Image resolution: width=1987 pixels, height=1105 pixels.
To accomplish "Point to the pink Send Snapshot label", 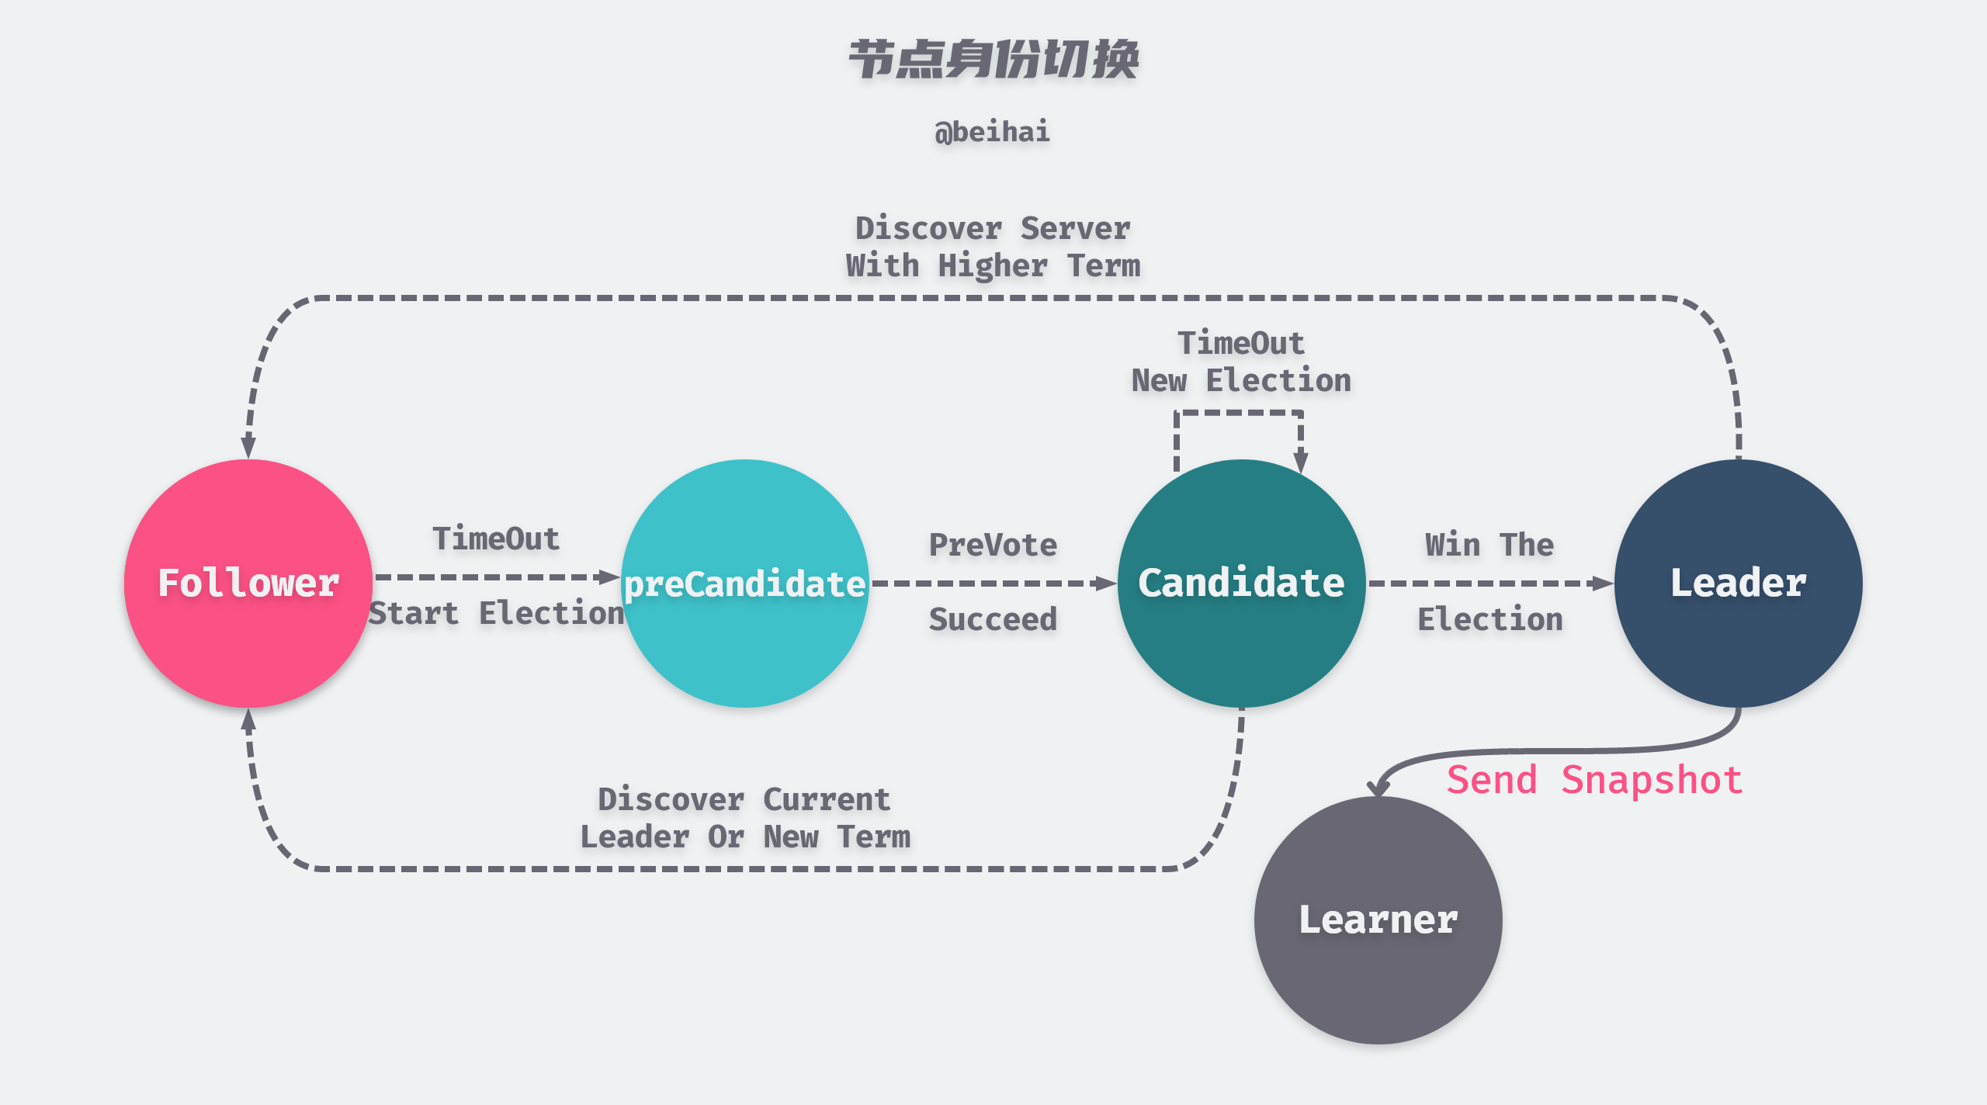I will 1595,780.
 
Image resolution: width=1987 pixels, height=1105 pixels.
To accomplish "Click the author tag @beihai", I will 993,132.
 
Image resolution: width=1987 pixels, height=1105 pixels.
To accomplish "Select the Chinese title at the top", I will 993,60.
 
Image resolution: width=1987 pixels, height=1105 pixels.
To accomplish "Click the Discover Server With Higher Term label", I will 993,247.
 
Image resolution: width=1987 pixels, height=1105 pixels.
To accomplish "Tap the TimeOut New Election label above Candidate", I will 1241,362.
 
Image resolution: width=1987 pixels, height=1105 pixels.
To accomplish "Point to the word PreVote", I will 993,545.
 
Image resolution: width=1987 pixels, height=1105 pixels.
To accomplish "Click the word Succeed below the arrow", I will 993,619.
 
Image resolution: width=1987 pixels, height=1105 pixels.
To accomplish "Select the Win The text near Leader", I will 1489,545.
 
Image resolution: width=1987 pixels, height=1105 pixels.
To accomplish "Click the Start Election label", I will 497,613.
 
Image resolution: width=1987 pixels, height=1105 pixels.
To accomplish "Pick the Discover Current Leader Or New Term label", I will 745,818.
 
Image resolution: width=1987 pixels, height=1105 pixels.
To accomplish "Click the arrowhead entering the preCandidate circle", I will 610,577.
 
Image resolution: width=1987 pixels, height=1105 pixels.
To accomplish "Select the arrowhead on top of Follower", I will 248,447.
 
